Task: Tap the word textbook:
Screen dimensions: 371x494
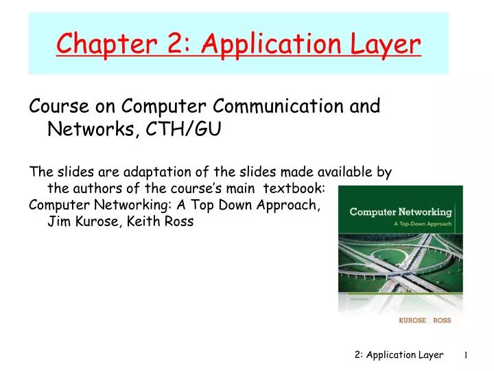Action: click(x=300, y=189)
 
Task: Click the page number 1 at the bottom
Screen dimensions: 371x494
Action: click(x=465, y=355)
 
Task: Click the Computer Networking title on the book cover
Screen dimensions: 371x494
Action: click(x=401, y=212)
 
